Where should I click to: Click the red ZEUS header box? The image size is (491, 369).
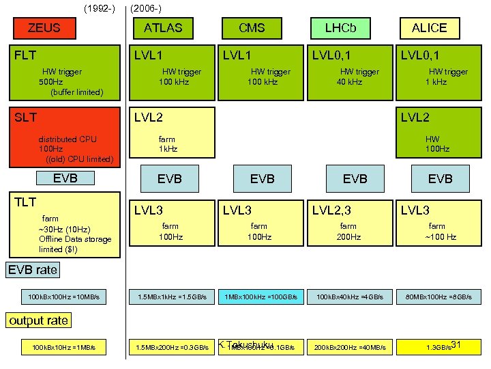[44, 28]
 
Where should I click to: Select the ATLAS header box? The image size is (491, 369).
[163, 28]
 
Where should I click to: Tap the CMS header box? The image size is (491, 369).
[251, 28]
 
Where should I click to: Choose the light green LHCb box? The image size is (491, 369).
[340, 28]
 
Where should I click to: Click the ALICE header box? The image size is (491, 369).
[429, 28]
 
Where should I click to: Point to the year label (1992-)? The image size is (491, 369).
[99, 8]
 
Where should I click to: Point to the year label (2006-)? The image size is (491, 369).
[145, 8]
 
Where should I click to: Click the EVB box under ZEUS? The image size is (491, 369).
[65, 178]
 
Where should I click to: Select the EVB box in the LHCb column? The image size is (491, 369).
[355, 178]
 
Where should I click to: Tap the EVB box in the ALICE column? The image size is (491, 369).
[440, 178]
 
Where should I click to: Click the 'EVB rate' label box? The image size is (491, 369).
[33, 270]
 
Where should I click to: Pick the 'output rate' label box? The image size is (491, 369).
[39, 320]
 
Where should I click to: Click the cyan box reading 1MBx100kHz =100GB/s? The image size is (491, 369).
[261, 297]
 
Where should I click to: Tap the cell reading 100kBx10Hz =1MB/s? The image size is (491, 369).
[64, 348]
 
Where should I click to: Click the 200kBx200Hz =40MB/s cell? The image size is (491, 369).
[350, 348]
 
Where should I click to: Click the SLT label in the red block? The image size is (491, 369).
[25, 118]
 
